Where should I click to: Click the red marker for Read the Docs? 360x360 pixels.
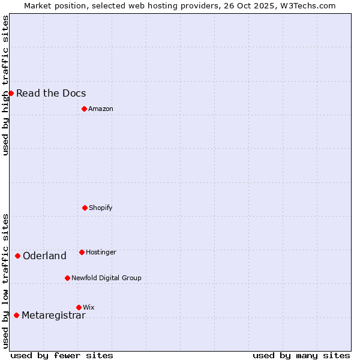click(11, 93)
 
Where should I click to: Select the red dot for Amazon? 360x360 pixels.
click(84, 109)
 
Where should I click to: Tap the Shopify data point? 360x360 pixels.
click(85, 208)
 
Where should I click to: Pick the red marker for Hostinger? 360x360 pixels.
click(82, 252)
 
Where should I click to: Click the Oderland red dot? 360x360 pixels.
click(17, 256)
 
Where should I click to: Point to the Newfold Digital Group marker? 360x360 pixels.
click(67, 278)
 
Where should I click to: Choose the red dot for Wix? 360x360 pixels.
click(79, 307)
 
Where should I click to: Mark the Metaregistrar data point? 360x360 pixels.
click(16, 315)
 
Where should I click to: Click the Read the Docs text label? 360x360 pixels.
click(51, 93)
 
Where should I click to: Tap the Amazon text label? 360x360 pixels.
click(101, 109)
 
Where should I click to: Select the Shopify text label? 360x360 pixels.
click(101, 208)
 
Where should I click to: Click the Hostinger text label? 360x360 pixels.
click(101, 252)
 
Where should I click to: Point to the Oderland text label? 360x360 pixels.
click(44, 256)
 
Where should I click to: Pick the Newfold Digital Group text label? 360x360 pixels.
click(106, 278)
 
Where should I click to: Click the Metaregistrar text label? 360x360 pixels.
click(53, 315)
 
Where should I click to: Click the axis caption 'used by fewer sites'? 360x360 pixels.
click(62, 355)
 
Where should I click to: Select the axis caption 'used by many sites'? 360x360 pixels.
click(301, 355)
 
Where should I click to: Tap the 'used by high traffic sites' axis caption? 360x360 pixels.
click(5, 85)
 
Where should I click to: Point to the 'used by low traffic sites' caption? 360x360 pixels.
click(5, 281)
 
